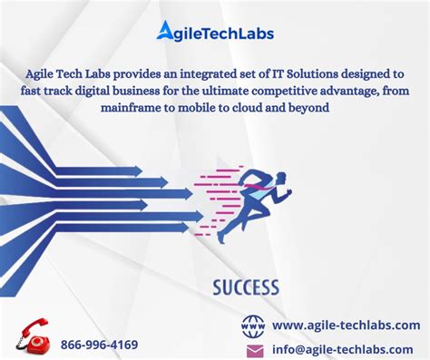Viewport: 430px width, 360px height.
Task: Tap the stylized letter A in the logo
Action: click(x=166, y=33)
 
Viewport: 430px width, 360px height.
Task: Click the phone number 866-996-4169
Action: click(x=100, y=345)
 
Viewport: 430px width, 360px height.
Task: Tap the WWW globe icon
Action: click(x=254, y=326)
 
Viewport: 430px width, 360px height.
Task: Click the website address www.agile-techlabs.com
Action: click(x=346, y=326)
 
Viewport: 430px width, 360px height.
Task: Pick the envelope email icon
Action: click(x=254, y=350)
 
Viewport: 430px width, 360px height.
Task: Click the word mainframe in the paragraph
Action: click(x=134, y=107)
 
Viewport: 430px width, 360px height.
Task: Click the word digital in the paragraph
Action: click(x=103, y=90)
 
